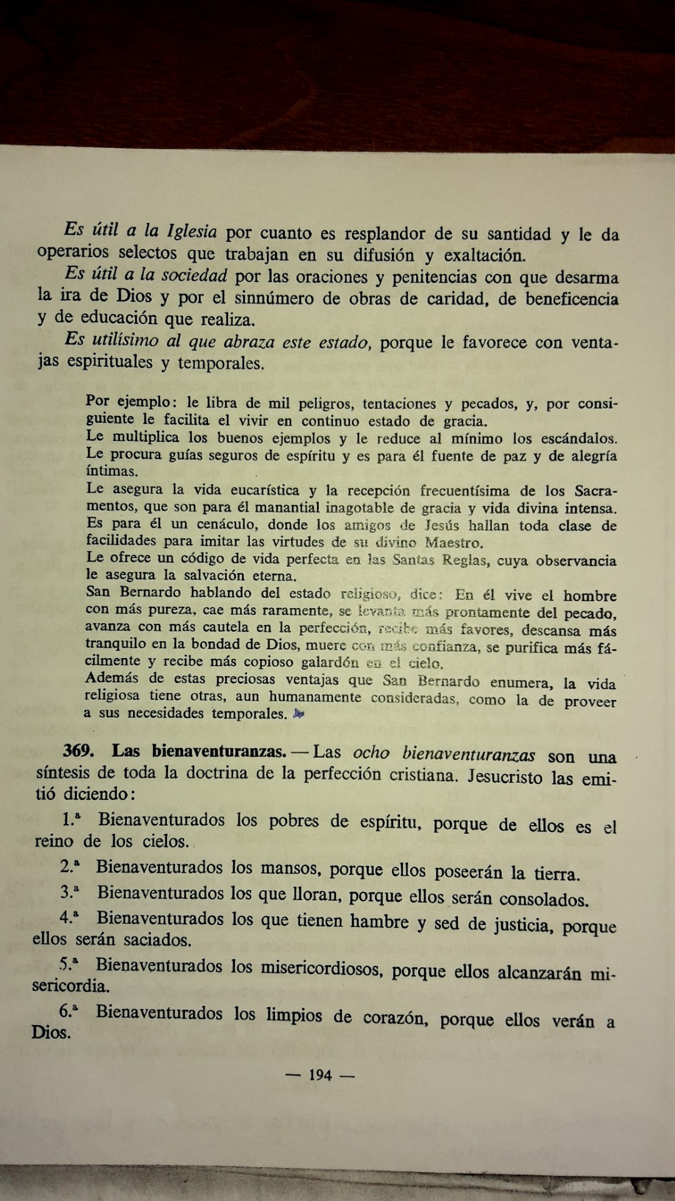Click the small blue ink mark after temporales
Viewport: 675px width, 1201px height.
click(x=299, y=714)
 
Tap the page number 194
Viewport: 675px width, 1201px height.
click(x=320, y=1075)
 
